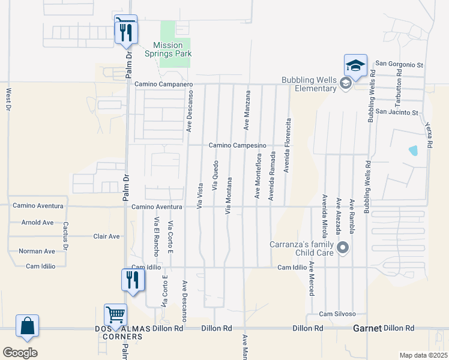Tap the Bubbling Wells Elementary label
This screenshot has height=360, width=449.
[310, 84]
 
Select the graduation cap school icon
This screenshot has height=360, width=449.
[355, 65]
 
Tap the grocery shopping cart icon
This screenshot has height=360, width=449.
[115, 313]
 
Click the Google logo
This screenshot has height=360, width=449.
[20, 353]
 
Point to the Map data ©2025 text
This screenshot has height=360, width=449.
[423, 355]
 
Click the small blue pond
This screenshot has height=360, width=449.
[412, 150]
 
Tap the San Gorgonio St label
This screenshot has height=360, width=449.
[400, 64]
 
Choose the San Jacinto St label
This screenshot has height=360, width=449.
[396, 112]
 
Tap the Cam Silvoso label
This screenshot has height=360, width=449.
[337, 314]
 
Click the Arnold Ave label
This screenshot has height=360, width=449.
[37, 222]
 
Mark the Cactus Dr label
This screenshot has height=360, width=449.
[66, 236]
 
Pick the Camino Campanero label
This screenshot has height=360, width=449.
[163, 85]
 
